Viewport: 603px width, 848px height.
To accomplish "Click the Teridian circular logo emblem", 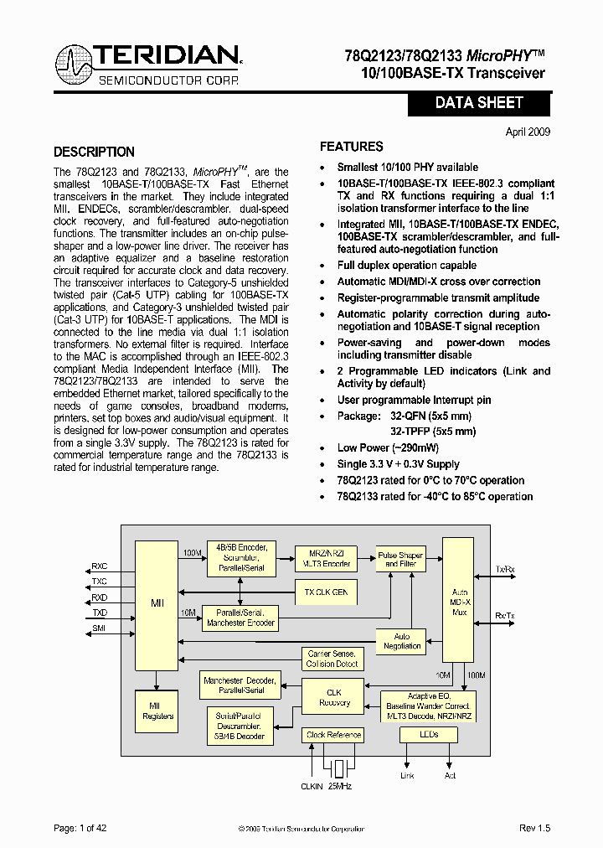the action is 75,65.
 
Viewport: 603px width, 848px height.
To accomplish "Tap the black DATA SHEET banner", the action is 479,103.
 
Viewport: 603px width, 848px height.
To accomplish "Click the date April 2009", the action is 528,132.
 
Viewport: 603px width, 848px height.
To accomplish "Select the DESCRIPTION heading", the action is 94,152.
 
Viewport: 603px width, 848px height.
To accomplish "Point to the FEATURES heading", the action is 352,146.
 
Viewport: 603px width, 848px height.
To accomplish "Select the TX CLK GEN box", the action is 326,592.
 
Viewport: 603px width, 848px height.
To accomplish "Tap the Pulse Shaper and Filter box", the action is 400,559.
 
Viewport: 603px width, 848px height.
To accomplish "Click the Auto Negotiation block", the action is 402,641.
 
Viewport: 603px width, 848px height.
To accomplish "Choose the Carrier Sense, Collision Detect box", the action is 332,659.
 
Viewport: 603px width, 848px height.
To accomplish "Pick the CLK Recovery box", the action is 333,697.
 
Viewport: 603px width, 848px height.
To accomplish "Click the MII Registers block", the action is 157,711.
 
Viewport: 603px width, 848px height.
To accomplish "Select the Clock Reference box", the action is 333,735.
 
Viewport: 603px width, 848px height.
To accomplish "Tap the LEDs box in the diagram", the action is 429,735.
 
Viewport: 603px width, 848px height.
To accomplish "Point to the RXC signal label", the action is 100,566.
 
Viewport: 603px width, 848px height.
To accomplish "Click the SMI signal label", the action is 100,628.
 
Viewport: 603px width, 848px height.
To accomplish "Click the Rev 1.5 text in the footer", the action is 534,828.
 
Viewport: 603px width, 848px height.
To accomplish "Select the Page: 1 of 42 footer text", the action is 80,828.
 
